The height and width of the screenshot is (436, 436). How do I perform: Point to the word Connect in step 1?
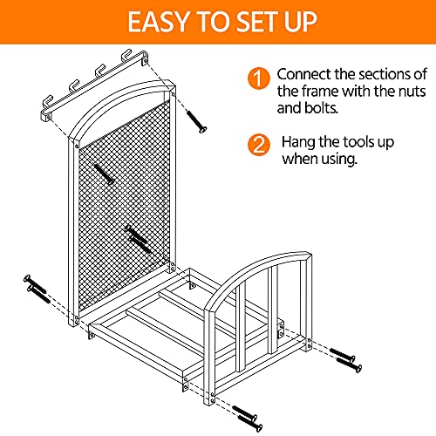tap(305, 74)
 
